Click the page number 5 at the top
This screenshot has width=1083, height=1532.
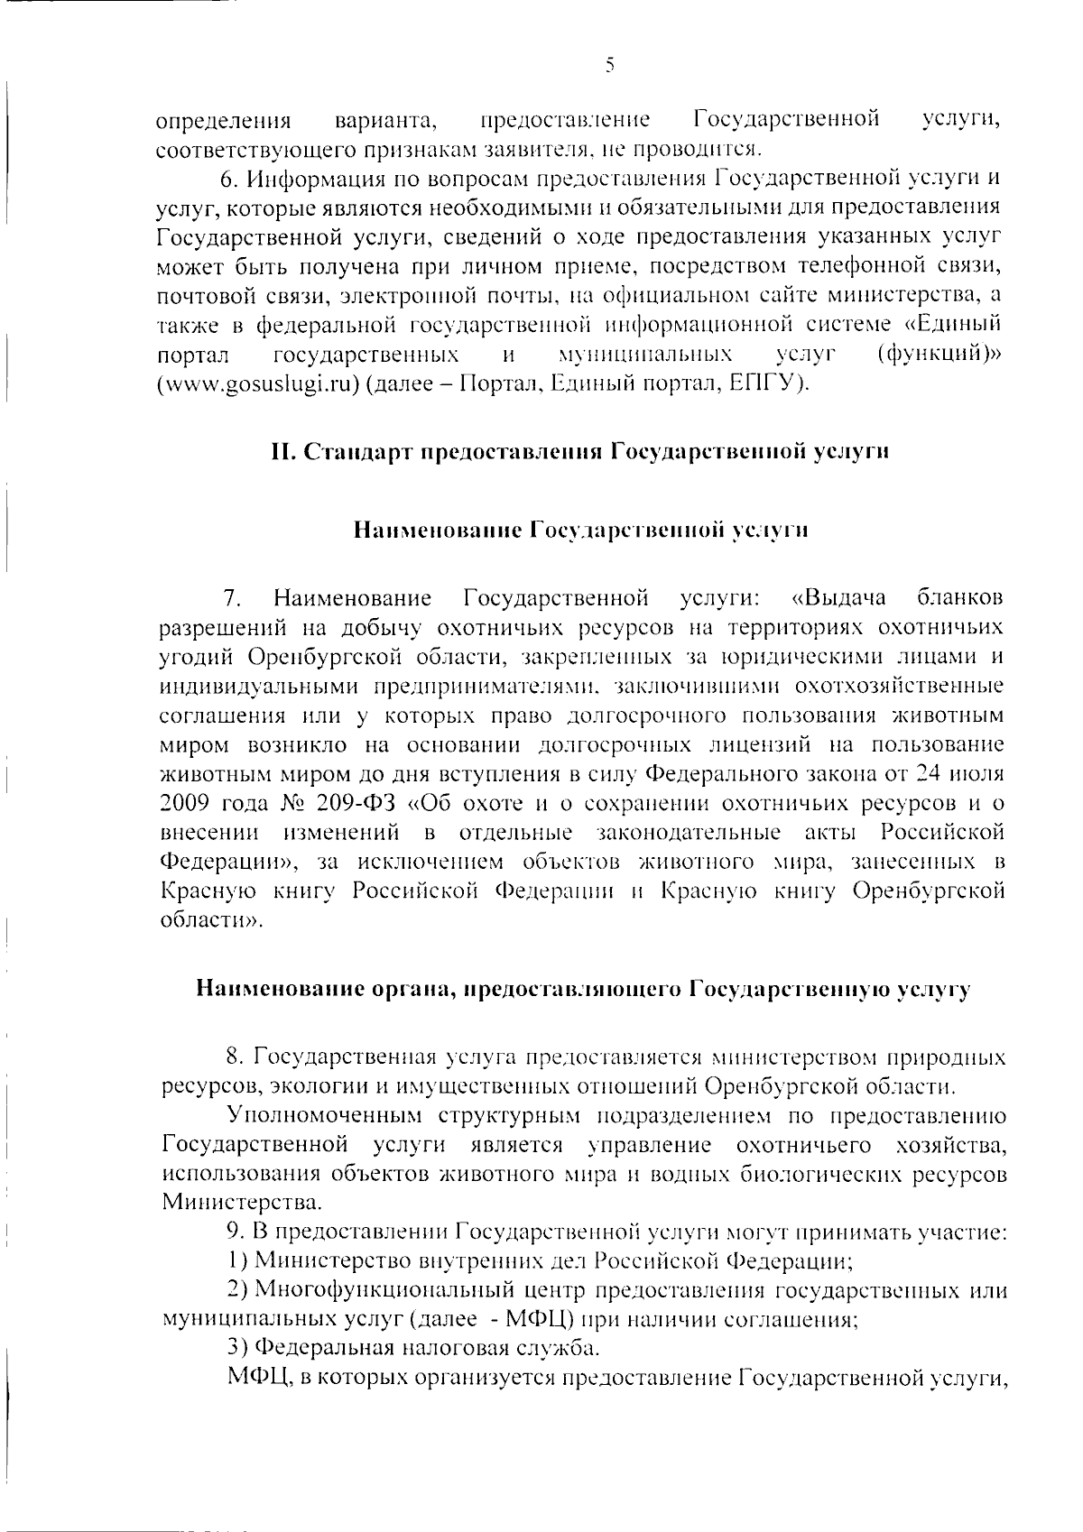609,65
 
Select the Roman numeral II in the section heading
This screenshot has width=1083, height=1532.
281,451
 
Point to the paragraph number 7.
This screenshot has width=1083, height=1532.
232,598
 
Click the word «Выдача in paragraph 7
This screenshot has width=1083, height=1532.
838,598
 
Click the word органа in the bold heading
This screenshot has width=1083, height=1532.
413,990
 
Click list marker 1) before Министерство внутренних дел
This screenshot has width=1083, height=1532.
236,1260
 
